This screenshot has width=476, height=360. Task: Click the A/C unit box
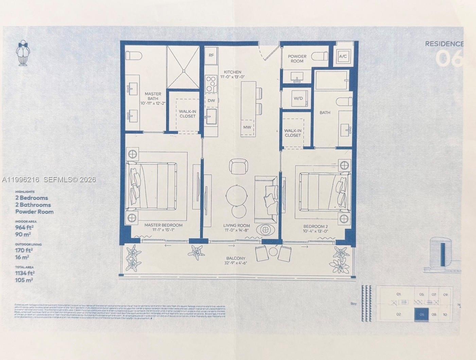pyautogui.click(x=343, y=56)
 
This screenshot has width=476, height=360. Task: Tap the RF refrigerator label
pyautogui.click(x=211, y=55)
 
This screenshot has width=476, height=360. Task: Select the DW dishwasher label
pyautogui.click(x=211, y=101)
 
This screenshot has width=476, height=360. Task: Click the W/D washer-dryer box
pyautogui.click(x=298, y=98)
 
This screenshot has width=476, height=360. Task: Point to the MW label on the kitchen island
pyautogui.click(x=247, y=127)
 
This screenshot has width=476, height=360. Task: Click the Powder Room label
pyautogui.click(x=297, y=58)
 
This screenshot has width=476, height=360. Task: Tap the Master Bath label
pyautogui.click(x=153, y=96)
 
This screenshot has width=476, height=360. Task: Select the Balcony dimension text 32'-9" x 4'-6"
pyautogui.click(x=236, y=263)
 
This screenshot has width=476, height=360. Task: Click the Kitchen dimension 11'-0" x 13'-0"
pyautogui.click(x=232, y=77)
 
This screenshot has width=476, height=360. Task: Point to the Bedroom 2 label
pyautogui.click(x=315, y=226)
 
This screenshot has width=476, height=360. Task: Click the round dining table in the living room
pyautogui.click(x=236, y=195)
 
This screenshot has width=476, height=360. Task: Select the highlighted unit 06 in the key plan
pyautogui.click(x=421, y=314)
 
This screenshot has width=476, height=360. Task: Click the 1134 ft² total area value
pyautogui.click(x=25, y=273)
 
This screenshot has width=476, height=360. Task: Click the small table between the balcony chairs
pyautogui.click(x=274, y=252)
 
